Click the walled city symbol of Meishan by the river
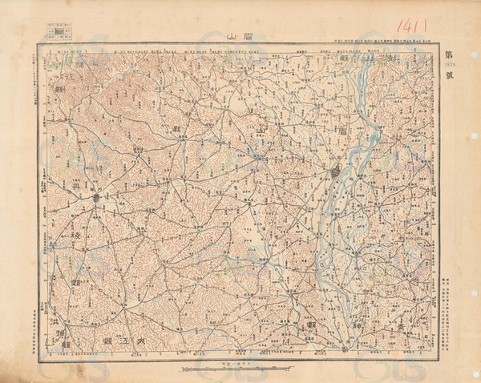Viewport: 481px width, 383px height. tap(337, 171)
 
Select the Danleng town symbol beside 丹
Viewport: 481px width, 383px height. tap(95, 196)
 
